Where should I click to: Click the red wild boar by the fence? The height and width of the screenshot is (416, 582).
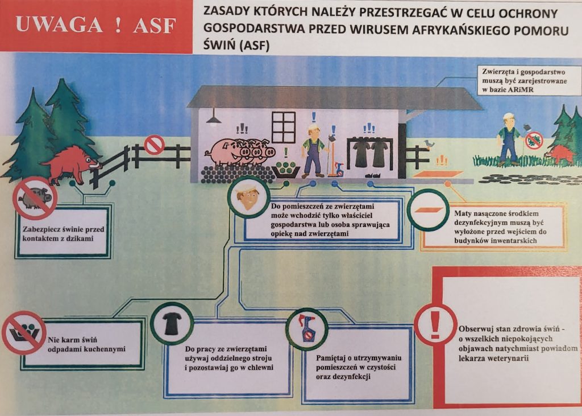pos(70,162)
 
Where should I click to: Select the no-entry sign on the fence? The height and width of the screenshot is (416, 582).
pos(154,145)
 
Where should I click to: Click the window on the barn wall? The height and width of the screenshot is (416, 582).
pos(284,127)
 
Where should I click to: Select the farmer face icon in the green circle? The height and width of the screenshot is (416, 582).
pos(248,197)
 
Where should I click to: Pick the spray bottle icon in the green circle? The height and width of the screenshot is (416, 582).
pos(307,328)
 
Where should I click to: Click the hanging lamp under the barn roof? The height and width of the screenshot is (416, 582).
pos(214,119)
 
